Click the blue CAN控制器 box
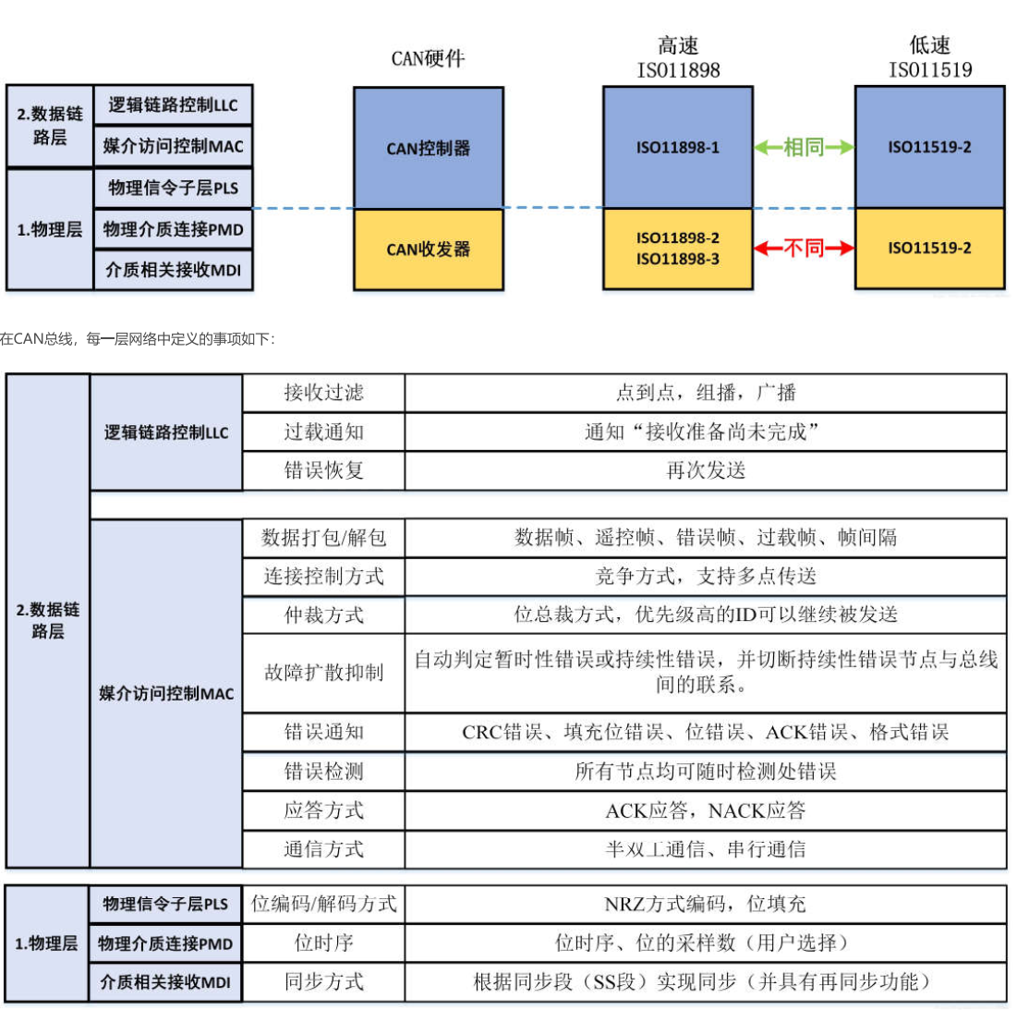[x=428, y=148]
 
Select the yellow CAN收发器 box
[x=428, y=249]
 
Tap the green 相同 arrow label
[x=804, y=147]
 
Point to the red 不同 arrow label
[x=804, y=248]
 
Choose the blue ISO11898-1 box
[x=678, y=147]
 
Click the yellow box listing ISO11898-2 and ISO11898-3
[x=678, y=249]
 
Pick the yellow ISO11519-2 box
[x=930, y=249]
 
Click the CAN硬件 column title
[x=428, y=58]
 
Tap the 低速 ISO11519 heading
[x=930, y=57]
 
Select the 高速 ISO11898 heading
[x=678, y=57]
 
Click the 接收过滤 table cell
[x=323, y=393]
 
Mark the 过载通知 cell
[x=323, y=432]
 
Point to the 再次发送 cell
[x=706, y=470]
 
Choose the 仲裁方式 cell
[x=323, y=615]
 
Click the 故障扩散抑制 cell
[x=323, y=673]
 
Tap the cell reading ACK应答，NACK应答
[x=706, y=810]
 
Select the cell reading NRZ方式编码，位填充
[x=706, y=904]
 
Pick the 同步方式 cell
[x=323, y=981]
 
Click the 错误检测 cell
[x=323, y=772]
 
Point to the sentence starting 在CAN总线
[x=138, y=338]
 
